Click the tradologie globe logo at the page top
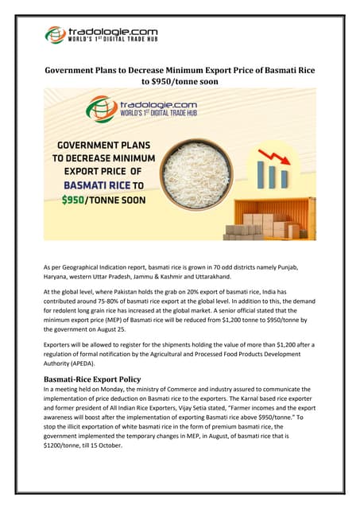55,35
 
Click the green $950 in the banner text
76,200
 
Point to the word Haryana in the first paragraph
56,274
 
